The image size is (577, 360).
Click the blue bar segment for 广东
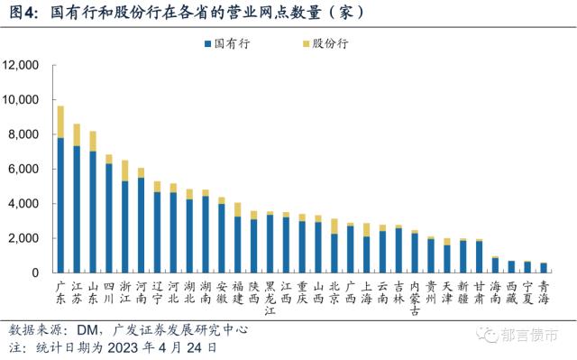click(60, 205)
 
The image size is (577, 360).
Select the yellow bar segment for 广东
click(60, 122)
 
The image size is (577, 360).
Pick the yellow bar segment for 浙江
click(125, 171)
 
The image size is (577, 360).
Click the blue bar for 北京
click(334, 253)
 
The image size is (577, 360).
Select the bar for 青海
click(543, 268)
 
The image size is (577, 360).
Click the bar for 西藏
click(511, 267)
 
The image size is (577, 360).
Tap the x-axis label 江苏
click(77, 291)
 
